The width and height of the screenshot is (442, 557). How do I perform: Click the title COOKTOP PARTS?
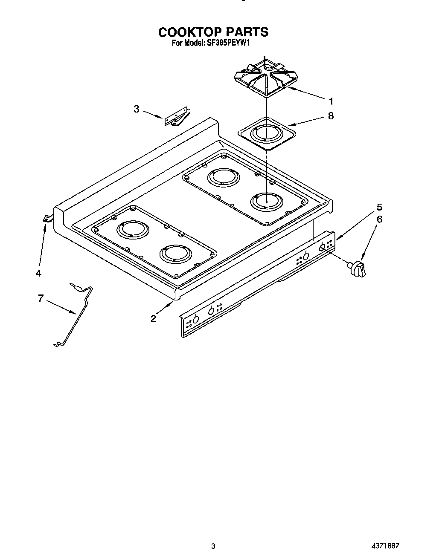pos(213,32)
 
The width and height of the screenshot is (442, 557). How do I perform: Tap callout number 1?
pos(331,101)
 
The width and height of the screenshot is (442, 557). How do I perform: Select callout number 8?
pos(331,115)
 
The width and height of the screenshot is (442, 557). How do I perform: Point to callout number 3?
pos(136,109)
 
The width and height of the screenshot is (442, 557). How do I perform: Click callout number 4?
pos(38,273)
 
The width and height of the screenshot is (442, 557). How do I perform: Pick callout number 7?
pos(41,298)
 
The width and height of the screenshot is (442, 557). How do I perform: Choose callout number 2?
pos(153,318)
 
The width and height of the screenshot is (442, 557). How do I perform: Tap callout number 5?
pos(379,208)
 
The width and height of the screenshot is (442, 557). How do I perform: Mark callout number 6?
pos(379,219)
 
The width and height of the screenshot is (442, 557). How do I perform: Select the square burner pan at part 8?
pos(265,134)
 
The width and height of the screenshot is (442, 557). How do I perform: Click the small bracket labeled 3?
pos(176,117)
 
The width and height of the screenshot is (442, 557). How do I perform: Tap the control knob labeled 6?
pos(358,269)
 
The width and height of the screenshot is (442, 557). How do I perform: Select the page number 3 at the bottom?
pos(213,545)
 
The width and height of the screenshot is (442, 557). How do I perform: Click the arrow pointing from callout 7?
pos(62,308)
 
